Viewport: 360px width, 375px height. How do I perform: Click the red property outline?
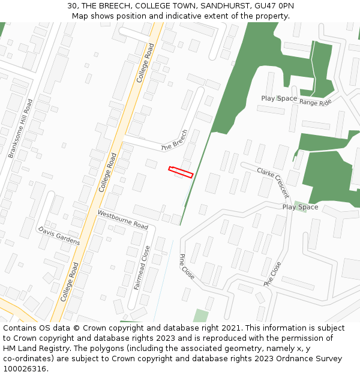pyautogui.click(x=181, y=172)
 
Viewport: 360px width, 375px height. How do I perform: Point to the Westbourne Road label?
pyautogui.click(x=123, y=220)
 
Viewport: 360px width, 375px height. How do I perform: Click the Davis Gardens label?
pyautogui.click(x=59, y=236)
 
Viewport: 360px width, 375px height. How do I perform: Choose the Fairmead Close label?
pyautogui.click(x=142, y=268)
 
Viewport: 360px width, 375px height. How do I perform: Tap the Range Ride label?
pyautogui.click(x=316, y=103)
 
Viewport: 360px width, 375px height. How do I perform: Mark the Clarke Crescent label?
pyautogui.click(x=273, y=182)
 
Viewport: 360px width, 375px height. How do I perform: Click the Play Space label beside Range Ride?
pyautogui.click(x=279, y=98)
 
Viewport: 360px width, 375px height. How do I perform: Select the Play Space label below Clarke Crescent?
pyautogui.click(x=300, y=207)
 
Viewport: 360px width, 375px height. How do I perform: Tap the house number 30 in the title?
pyautogui.click(x=72, y=6)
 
